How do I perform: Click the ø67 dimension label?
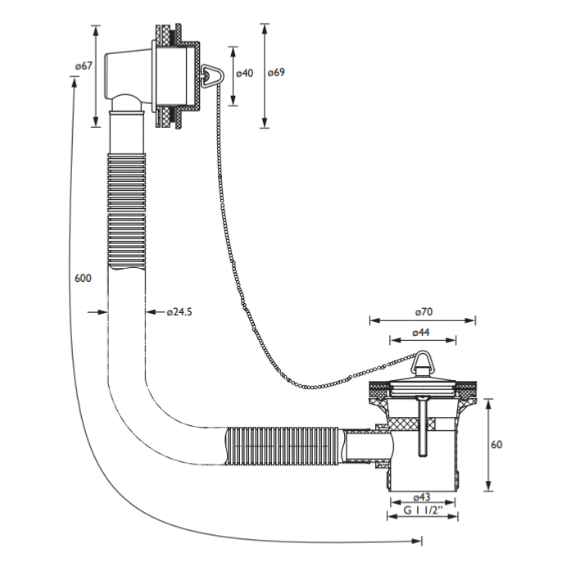(82, 66)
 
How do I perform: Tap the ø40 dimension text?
(244, 73)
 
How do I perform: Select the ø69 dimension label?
(276, 73)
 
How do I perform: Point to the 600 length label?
(82, 279)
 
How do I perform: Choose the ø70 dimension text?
(423, 312)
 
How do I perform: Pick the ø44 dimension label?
(421, 332)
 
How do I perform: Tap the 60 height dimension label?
(496, 445)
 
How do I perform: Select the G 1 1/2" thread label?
(422, 511)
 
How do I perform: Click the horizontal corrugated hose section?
(282, 446)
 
